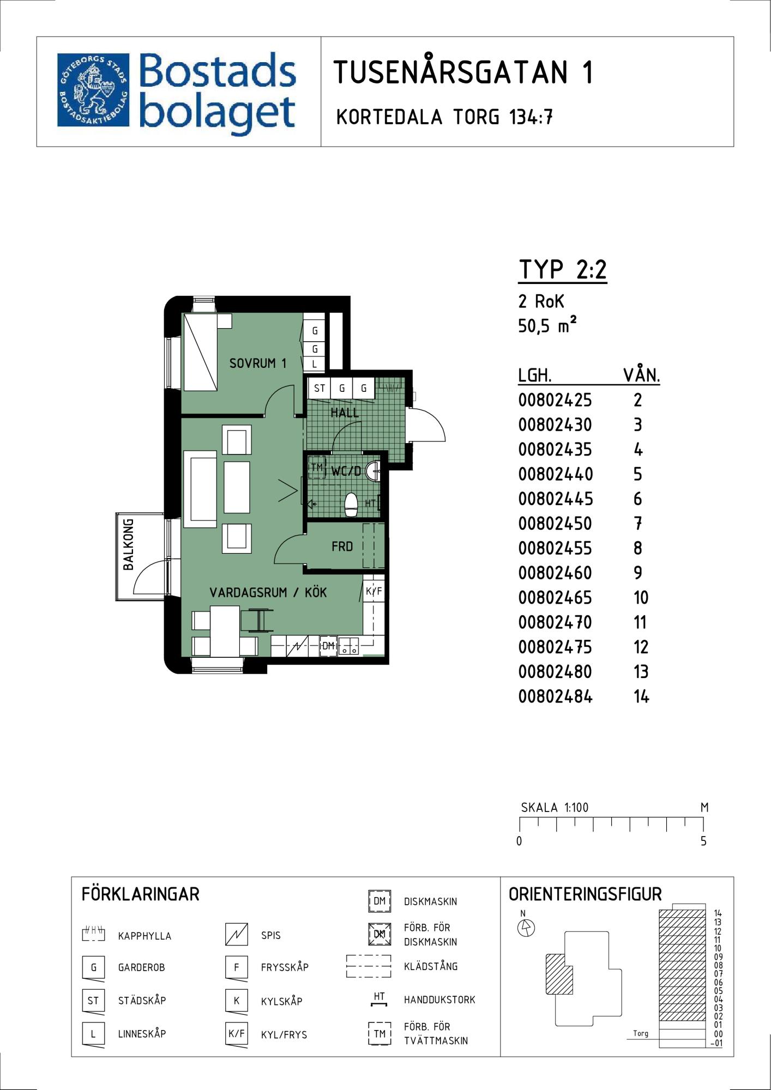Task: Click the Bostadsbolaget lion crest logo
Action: pyautogui.click(x=93, y=90)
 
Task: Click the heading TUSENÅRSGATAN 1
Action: pyautogui.click(x=463, y=72)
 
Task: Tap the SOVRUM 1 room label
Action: pyautogui.click(x=258, y=363)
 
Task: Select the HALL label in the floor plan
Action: pyautogui.click(x=345, y=413)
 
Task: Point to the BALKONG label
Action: pyautogui.click(x=129, y=544)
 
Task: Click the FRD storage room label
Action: pyautogui.click(x=342, y=546)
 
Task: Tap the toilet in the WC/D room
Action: pyautogui.click(x=351, y=505)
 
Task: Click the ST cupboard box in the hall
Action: pyautogui.click(x=320, y=389)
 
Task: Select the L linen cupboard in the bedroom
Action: pyautogui.click(x=315, y=365)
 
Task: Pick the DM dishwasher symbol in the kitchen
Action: pyautogui.click(x=328, y=646)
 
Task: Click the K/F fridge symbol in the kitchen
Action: pyautogui.click(x=374, y=591)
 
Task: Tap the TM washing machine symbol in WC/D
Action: pyautogui.click(x=317, y=468)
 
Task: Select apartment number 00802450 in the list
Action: pyautogui.click(x=555, y=524)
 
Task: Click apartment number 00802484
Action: pyautogui.click(x=555, y=697)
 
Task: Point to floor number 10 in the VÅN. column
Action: pyautogui.click(x=641, y=598)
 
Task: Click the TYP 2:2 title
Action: pyautogui.click(x=563, y=269)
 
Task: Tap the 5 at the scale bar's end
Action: pyautogui.click(x=703, y=841)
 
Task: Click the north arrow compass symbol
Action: pyautogui.click(x=526, y=928)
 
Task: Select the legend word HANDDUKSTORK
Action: pyautogui.click(x=439, y=1000)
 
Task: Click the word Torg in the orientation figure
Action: pyautogui.click(x=641, y=1033)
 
